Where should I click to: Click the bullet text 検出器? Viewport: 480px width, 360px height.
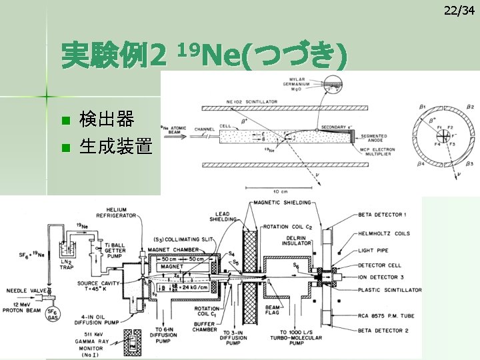click(107, 120)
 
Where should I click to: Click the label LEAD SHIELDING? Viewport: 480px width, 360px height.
click(223, 219)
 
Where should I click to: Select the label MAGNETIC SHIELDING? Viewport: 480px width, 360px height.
click(281, 203)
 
